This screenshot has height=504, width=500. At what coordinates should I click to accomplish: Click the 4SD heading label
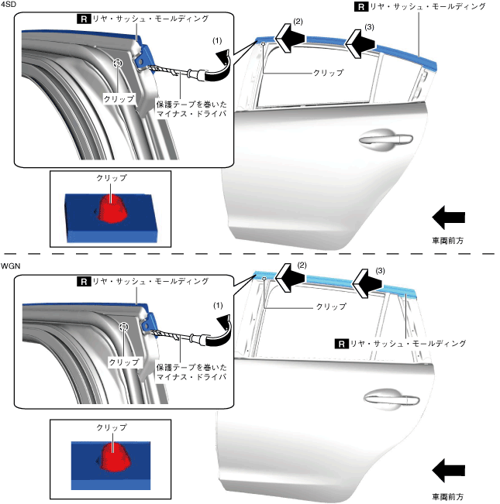coord(9,5)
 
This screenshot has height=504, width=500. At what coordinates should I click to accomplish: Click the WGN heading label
coord(10,266)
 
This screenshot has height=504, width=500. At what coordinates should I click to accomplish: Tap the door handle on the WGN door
coord(391,399)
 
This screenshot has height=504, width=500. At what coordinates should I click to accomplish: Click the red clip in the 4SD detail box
coord(112,208)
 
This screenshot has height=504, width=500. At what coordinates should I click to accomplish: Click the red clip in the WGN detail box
coord(116,458)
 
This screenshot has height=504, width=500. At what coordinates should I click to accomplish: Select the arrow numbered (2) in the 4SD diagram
coord(289,38)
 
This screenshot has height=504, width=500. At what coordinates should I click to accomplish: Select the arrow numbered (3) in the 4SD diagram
coord(360,44)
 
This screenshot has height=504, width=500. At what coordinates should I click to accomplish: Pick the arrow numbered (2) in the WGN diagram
coord(290,277)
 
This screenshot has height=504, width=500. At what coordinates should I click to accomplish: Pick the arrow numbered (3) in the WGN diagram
coord(367,284)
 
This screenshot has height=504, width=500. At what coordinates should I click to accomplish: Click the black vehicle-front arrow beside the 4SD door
coord(448,218)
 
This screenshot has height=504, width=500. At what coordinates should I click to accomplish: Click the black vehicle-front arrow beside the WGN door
coord(448,471)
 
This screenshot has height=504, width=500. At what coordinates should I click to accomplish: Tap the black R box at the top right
coord(361,7)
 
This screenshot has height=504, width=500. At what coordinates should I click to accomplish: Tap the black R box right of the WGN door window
coord(341,344)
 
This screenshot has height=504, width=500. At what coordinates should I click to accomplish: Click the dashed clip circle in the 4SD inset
coord(118,63)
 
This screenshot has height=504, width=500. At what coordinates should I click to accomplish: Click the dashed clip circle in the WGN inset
coord(123,327)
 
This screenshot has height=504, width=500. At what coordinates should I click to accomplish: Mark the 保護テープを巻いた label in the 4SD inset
coord(191,105)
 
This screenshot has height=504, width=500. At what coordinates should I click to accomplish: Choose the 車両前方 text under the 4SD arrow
coord(448,241)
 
